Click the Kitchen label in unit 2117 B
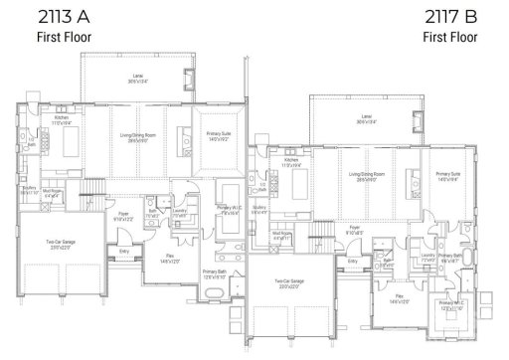pyautogui.click(x=291, y=162)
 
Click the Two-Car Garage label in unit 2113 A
pyautogui.click(x=62, y=244)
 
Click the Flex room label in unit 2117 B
pyautogui.click(x=399, y=297)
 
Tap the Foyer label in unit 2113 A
pyautogui.click(x=123, y=214)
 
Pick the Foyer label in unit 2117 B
pyautogui.click(x=353, y=229)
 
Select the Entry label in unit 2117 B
pyautogui.click(x=353, y=263)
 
